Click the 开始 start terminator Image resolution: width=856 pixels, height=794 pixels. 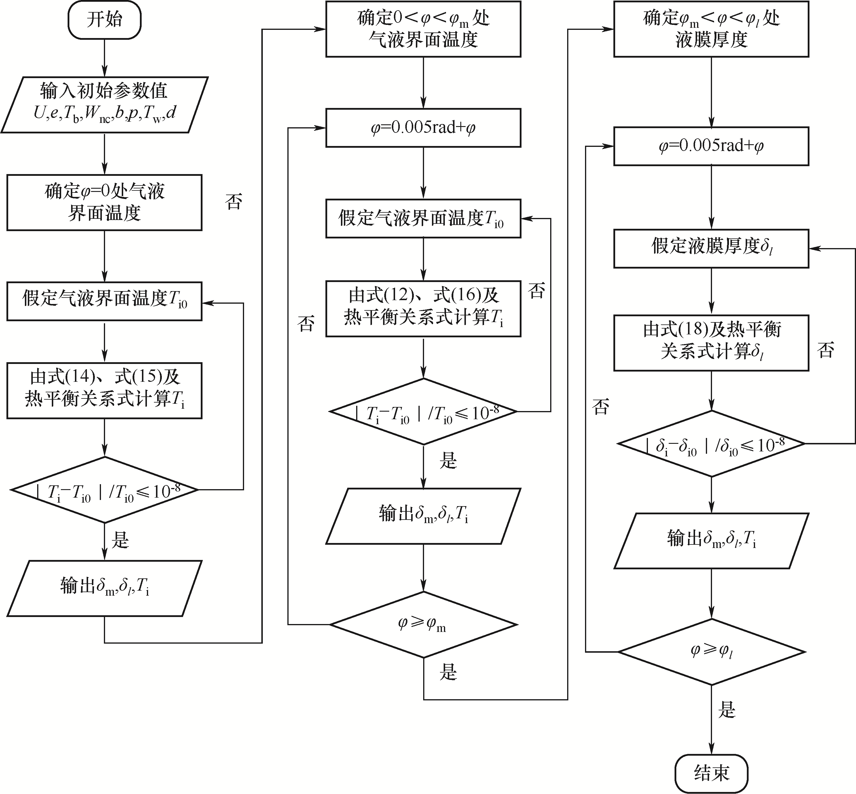click(x=104, y=20)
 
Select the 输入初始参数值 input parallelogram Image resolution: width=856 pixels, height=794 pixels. click(x=104, y=105)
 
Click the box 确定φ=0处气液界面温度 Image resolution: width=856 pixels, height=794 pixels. click(x=104, y=202)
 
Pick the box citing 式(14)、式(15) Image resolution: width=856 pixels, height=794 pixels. click(x=104, y=391)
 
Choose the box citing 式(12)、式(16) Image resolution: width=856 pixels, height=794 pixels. click(x=423, y=308)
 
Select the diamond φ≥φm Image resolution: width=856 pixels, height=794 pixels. click(x=423, y=624)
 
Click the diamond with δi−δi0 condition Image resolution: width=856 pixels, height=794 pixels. click(x=711, y=444)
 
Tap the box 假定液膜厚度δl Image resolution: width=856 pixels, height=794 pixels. click(x=711, y=249)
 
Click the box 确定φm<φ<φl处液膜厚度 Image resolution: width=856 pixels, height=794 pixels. click(x=711, y=29)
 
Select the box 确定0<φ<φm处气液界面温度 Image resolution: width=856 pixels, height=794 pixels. click(x=423, y=29)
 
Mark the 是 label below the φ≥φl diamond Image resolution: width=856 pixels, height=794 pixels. click(x=727, y=709)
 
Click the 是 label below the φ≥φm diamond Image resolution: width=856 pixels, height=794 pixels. click(x=448, y=671)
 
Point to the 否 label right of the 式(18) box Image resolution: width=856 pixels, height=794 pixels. click(x=826, y=350)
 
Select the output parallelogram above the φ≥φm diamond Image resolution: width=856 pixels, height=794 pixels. click(x=423, y=516)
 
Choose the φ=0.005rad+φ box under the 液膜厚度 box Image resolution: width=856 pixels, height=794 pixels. click(x=711, y=146)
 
